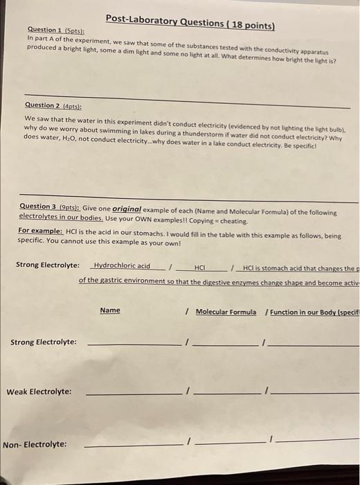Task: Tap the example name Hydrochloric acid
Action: pyautogui.click(x=122, y=266)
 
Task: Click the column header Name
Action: pyautogui.click(x=109, y=310)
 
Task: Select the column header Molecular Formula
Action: pyautogui.click(x=226, y=312)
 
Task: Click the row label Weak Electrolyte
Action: pyautogui.click(x=39, y=391)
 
